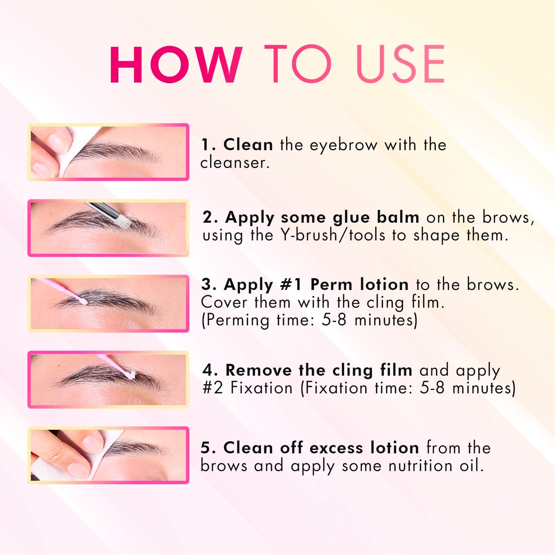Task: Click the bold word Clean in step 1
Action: tap(248, 144)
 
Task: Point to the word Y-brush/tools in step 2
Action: tap(333, 235)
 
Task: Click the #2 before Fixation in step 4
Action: tap(213, 388)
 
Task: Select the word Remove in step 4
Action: tap(258, 370)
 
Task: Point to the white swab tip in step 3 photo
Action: tap(83, 302)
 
